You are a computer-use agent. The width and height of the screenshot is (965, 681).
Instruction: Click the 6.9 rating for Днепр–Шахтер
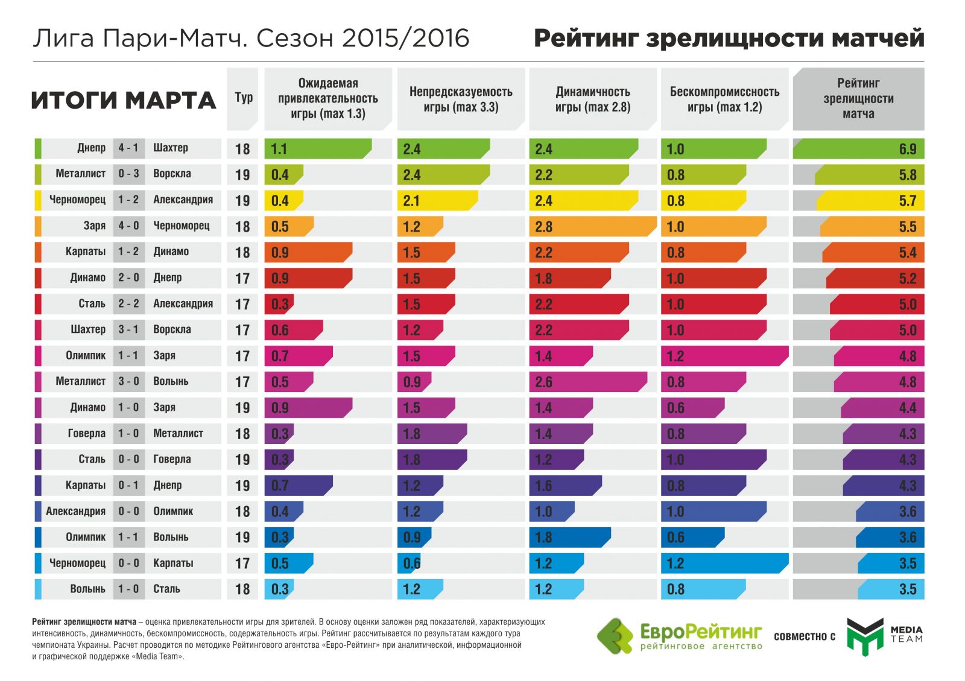point(907,149)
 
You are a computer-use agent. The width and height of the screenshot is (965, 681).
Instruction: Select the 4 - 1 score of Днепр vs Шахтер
point(128,148)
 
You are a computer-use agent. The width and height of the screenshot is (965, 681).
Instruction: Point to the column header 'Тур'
point(243,98)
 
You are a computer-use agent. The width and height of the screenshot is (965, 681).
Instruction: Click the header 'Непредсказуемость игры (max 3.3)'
point(460,100)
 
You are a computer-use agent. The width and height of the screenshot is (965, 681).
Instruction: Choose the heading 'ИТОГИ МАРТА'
point(124,100)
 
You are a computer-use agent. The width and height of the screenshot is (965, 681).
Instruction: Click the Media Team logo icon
point(864,636)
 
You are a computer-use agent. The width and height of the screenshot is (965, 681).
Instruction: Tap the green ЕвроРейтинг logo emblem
point(615,636)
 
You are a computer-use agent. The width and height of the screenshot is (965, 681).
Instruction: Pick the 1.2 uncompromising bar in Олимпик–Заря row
point(724,356)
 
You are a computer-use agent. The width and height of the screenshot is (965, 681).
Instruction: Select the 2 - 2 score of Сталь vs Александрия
point(128,303)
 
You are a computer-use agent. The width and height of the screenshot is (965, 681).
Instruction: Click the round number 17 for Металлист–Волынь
point(242,382)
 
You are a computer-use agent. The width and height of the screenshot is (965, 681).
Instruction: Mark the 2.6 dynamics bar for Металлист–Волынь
point(587,382)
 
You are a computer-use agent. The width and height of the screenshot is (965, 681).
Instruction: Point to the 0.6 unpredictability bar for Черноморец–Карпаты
point(410,563)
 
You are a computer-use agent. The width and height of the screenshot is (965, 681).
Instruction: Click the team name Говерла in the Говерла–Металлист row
point(86,433)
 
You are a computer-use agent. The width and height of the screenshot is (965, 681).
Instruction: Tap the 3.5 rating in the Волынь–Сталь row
point(907,589)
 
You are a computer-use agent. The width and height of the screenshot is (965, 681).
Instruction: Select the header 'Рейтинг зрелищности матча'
point(858,99)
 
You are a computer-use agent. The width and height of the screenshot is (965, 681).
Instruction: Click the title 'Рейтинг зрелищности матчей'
point(729,38)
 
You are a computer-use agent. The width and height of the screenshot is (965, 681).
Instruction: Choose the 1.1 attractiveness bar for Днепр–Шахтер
point(317,149)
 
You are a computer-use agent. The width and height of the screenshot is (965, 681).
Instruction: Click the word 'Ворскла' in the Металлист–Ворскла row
point(172,174)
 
